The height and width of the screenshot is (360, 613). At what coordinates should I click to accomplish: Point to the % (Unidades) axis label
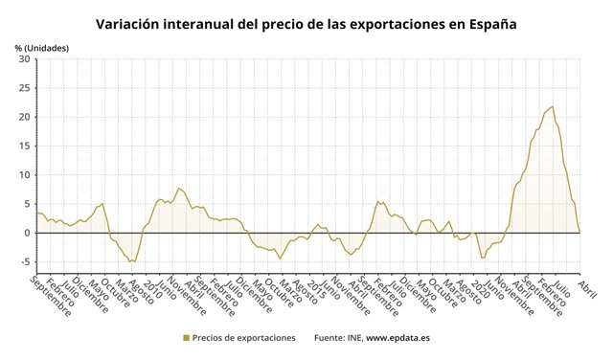pos(41,47)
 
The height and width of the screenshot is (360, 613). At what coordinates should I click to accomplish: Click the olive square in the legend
pos(186,338)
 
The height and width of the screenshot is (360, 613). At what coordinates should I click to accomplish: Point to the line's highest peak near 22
pos(552,106)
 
